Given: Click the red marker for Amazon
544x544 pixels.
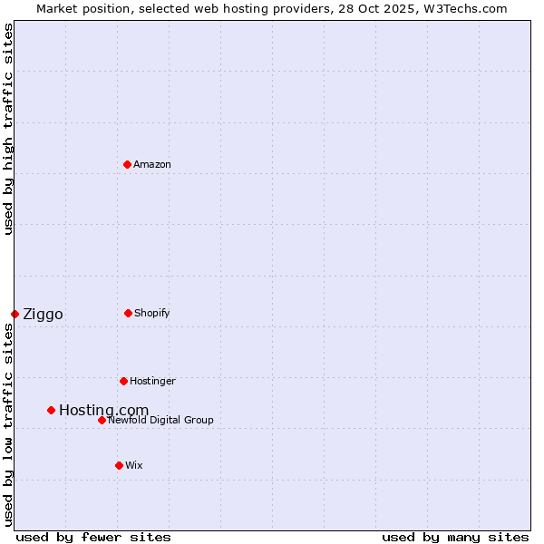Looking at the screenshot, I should [127, 164].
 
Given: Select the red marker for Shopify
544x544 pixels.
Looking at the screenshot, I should [128, 313].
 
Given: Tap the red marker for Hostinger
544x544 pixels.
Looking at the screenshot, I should [123, 381].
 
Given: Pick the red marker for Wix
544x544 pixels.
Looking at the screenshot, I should [119, 465].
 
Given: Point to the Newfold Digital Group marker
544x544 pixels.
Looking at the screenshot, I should [102, 420].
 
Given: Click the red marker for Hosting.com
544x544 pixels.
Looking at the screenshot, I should [51, 410].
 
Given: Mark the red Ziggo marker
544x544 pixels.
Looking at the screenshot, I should [15, 314].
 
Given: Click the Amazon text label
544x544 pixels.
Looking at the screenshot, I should [152, 164].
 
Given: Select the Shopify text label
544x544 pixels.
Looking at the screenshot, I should [152, 313].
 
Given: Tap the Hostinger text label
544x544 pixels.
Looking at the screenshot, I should [152, 381].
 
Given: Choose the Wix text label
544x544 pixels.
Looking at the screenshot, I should [134, 465].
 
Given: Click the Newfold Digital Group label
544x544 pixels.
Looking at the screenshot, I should [160, 420].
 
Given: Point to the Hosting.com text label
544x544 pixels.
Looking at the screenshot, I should [103, 411].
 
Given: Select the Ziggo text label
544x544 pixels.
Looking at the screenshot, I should [43, 315].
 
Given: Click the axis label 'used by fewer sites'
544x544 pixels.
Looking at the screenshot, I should [93, 537].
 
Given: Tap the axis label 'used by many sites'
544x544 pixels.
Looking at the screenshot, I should [455, 537].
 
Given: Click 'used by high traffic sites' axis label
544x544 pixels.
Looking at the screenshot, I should [9, 129].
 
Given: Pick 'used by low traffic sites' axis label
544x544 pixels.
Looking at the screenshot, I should [9, 424].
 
